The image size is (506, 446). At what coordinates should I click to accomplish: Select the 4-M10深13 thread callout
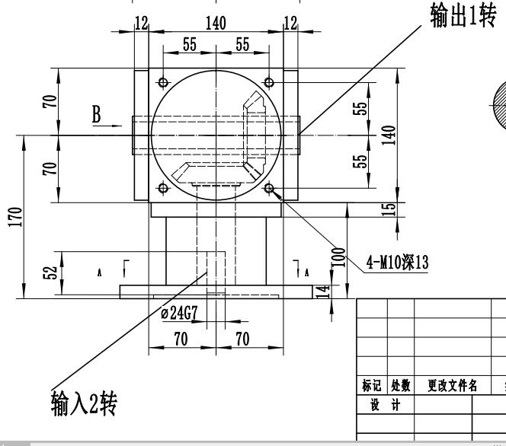pos(397,263)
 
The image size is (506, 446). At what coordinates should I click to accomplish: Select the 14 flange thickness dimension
pos(322,290)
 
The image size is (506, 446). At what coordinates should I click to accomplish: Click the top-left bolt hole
pos(162,82)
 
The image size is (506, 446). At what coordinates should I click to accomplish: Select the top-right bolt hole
pos(268,82)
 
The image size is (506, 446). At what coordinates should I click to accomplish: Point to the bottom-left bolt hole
pos(162,188)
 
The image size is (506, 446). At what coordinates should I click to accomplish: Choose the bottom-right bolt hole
pos(268,188)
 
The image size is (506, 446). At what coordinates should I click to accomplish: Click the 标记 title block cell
pos(372,386)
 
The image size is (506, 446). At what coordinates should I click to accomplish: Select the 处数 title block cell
pos(400,386)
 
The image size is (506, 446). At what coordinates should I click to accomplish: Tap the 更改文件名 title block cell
pos(453,386)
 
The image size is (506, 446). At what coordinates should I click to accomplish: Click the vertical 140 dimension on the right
pos(390,135)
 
